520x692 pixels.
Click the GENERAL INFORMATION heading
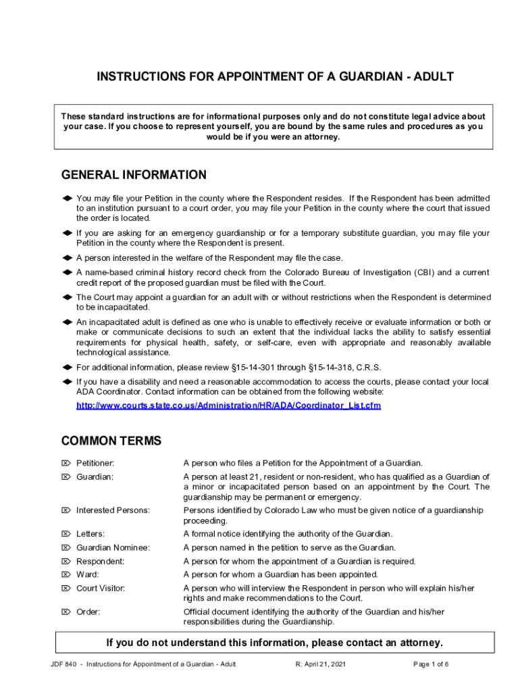coord(134,175)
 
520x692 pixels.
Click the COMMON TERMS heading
coord(111,441)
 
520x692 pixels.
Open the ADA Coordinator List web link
coord(228,406)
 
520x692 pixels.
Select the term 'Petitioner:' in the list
coord(95,464)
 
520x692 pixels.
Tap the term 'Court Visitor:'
coord(101,589)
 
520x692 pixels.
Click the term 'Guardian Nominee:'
coord(113,548)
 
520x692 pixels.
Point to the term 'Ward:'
coord(87,575)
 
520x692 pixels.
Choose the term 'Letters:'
coord(90,535)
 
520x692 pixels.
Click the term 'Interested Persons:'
coord(113,511)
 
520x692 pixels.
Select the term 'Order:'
coord(88,612)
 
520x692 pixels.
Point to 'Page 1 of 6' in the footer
coord(431,664)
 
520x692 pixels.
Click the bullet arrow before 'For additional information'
coord(67,368)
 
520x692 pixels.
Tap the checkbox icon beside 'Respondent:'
coord(66,562)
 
